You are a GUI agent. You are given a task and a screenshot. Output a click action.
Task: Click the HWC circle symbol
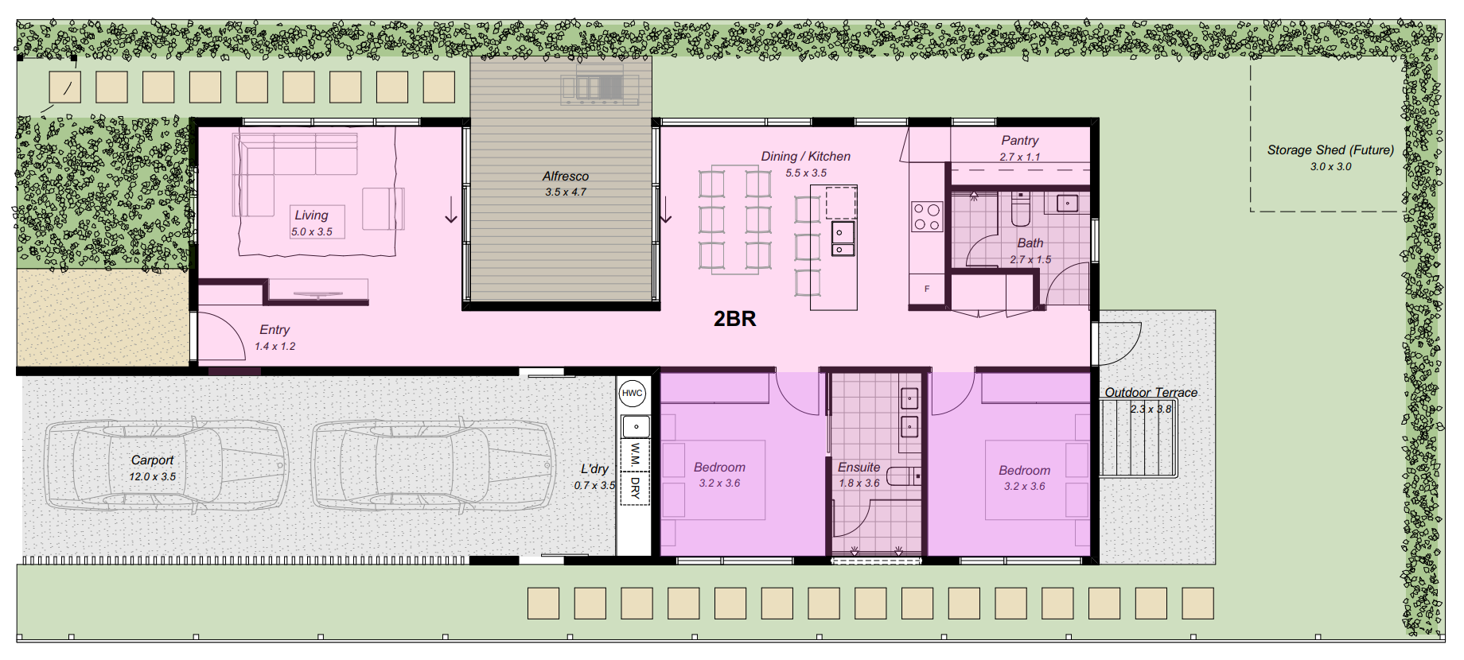[x=633, y=393]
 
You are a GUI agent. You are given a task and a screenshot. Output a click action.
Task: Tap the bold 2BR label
[x=734, y=319]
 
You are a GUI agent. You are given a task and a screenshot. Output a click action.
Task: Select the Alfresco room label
[x=566, y=177]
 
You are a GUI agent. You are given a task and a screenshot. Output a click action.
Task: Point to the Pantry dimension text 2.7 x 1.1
[x=1020, y=157]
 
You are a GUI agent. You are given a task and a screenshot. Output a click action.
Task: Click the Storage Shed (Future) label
[x=1330, y=149]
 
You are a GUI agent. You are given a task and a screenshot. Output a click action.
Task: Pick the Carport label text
[x=152, y=460]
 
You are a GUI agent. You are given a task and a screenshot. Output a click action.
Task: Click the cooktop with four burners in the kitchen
[x=926, y=217]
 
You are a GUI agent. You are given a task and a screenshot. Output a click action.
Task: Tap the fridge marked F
[x=927, y=289]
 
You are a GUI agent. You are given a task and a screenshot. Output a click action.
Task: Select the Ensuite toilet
[x=903, y=476]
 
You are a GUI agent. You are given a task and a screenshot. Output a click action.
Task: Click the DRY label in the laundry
[x=635, y=487]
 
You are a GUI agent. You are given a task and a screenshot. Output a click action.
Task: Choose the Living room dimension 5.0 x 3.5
[x=312, y=232]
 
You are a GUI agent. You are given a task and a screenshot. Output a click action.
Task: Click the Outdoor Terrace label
[x=1151, y=393]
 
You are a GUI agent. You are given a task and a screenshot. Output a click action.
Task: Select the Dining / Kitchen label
[x=805, y=157]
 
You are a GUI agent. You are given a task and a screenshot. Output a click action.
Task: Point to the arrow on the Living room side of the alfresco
[x=451, y=209]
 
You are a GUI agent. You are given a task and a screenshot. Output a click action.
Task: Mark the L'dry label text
[x=594, y=469]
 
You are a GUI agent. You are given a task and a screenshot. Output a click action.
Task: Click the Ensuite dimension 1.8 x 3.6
[x=859, y=483]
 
